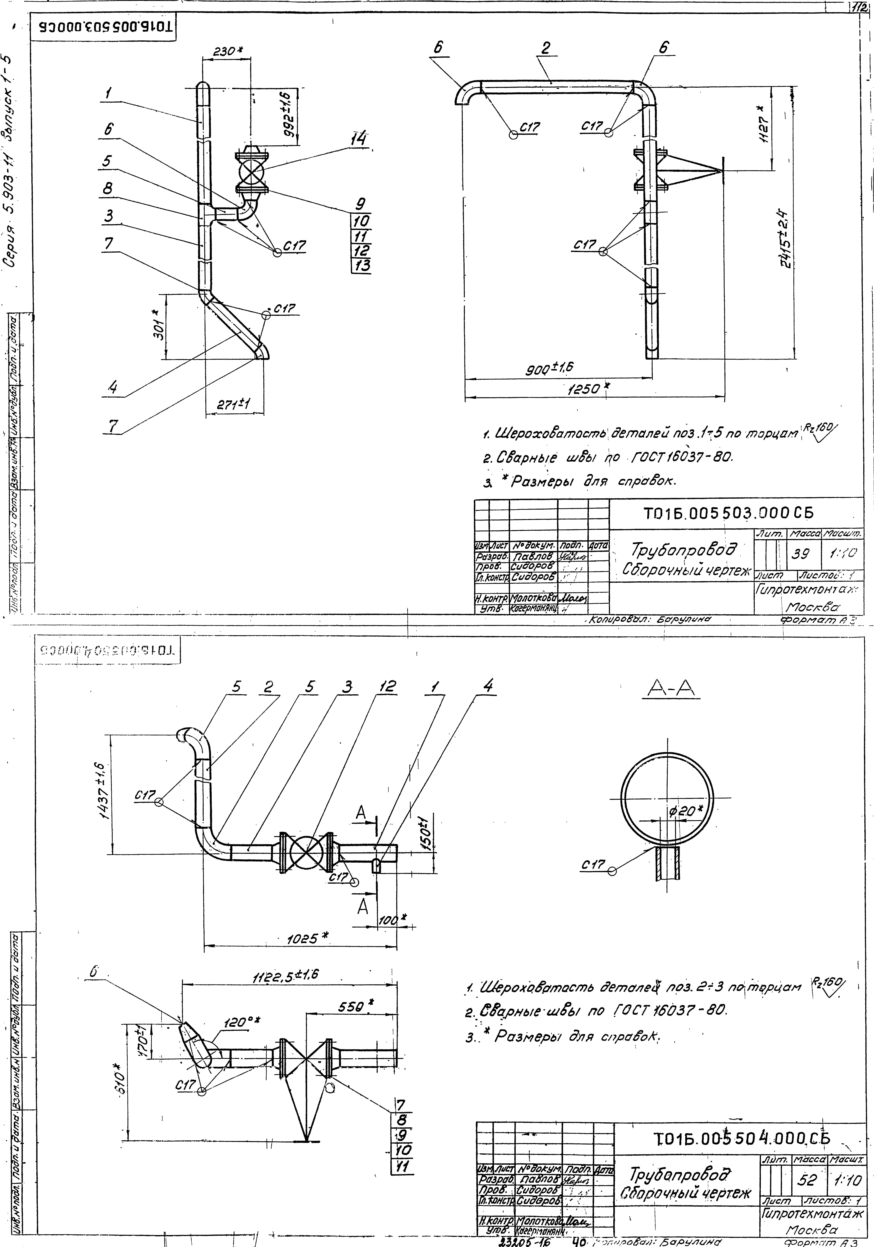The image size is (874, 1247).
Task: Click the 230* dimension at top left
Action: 227,52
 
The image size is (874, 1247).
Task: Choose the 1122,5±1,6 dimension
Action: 285,975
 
